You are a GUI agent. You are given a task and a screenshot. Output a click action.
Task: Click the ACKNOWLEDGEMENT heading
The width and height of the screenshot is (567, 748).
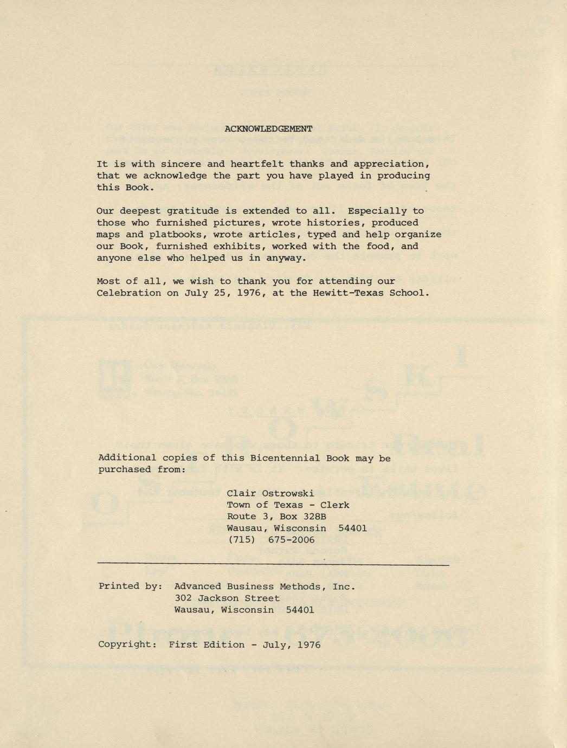(268, 129)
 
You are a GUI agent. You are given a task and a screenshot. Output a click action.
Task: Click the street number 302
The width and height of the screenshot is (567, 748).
(184, 598)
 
